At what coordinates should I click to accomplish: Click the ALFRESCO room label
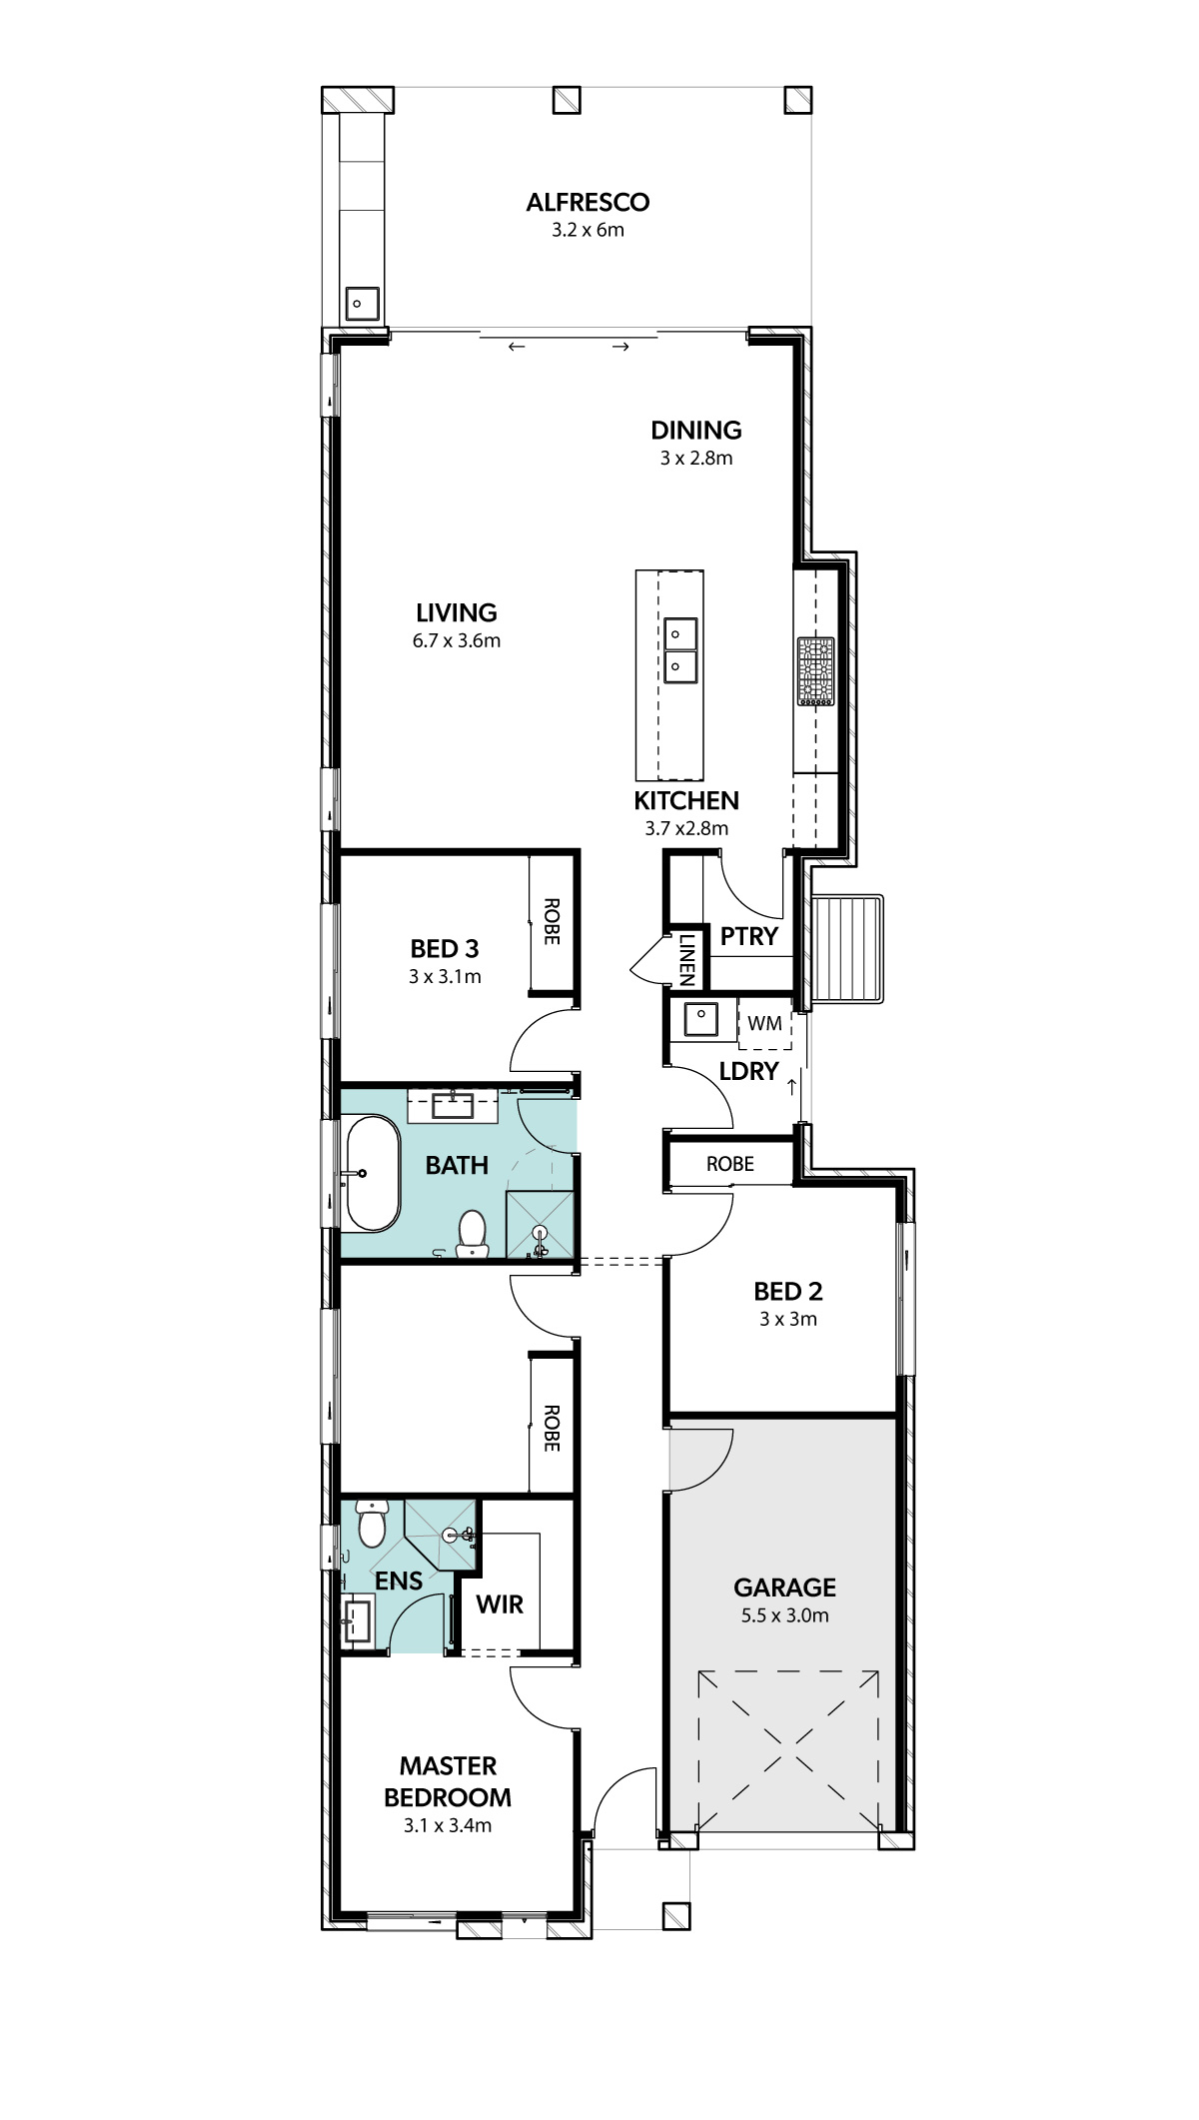point(588,203)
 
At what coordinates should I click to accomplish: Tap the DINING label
point(696,431)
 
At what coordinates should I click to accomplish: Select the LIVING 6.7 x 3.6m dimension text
point(457,641)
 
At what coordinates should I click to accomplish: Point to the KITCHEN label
point(686,801)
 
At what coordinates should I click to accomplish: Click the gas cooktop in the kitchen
point(816,671)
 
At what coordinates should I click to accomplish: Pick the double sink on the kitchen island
point(680,650)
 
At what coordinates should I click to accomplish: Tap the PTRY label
point(749,937)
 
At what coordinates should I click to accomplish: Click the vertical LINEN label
point(687,959)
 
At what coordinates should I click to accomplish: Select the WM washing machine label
point(765,1024)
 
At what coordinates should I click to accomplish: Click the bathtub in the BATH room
point(373,1173)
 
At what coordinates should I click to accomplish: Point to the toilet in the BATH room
point(472,1233)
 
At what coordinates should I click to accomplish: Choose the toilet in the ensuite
point(372,1523)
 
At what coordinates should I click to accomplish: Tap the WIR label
point(500,1605)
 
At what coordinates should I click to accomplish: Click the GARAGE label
point(785,1589)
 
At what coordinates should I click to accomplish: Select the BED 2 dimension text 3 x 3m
point(788,1320)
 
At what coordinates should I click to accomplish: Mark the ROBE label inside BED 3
point(552,922)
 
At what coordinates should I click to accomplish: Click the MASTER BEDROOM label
point(448,1782)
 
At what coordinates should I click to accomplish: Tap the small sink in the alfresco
point(362,303)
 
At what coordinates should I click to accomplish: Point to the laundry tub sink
point(700,1019)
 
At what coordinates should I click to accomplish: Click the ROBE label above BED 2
point(730,1165)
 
